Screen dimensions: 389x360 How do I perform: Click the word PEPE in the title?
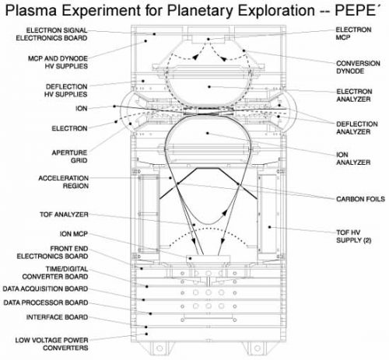(355, 11)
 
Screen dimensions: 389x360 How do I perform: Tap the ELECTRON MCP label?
(353, 33)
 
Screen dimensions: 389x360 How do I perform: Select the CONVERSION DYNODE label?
(358, 67)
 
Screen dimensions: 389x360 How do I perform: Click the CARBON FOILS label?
(360, 199)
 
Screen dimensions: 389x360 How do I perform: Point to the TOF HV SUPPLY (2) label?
(354, 236)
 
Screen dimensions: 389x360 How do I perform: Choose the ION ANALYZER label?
(353, 159)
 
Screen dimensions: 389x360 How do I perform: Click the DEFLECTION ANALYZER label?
(357, 128)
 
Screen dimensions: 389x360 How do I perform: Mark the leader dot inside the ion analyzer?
(208, 133)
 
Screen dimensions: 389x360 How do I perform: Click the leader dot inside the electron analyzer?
(209, 87)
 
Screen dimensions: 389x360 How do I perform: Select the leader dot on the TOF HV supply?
(270, 227)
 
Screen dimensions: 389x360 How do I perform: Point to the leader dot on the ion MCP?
(190, 258)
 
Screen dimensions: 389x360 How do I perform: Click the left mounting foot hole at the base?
(159, 348)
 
